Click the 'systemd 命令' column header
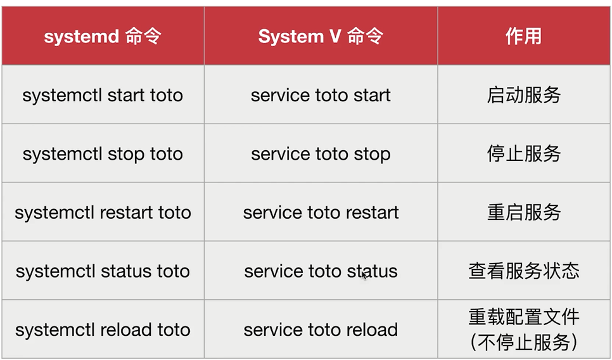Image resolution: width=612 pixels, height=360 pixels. (x=103, y=36)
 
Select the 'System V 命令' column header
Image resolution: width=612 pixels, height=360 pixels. (x=321, y=36)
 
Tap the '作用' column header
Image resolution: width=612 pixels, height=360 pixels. (x=523, y=36)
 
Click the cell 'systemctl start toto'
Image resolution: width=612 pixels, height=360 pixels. (x=103, y=95)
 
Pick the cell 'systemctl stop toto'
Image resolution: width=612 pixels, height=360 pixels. (x=103, y=154)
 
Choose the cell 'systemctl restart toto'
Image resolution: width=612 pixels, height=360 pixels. (x=103, y=212)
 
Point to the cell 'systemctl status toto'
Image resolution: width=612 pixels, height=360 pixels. (x=103, y=271)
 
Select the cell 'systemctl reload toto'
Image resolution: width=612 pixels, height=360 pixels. (x=103, y=330)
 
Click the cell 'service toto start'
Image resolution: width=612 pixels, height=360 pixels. (x=321, y=95)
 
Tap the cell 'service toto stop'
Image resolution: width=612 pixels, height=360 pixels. (x=321, y=154)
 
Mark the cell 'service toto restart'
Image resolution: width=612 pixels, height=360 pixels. (x=321, y=212)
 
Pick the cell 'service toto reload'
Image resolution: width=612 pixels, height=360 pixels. (x=321, y=330)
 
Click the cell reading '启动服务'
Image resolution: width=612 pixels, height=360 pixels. (x=523, y=95)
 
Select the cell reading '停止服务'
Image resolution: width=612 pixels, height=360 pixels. (x=523, y=153)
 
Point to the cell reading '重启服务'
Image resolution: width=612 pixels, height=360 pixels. (x=523, y=212)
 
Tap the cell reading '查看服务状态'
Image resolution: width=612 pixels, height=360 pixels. (x=523, y=271)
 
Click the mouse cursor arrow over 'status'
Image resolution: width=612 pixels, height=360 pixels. (x=364, y=276)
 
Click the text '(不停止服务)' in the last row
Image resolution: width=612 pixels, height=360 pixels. (x=523, y=342)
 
